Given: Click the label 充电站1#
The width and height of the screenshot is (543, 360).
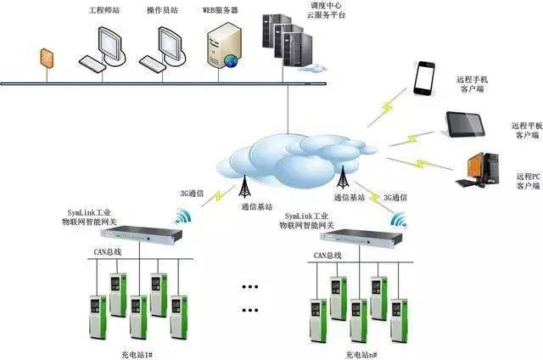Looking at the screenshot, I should [137, 350].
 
